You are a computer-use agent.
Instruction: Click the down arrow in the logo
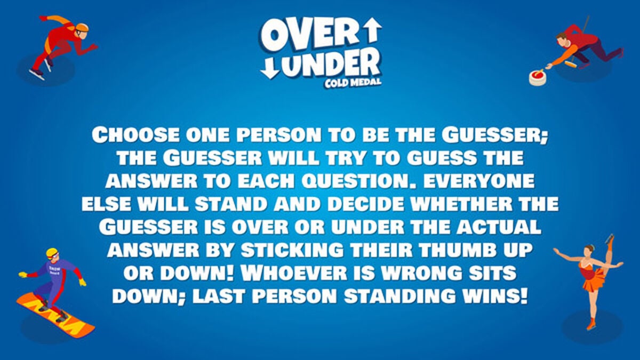tap(270, 67)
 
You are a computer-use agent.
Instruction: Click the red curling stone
tap(537, 76)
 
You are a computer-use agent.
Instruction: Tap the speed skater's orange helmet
tap(82, 27)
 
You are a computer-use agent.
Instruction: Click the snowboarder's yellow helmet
tap(52, 252)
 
